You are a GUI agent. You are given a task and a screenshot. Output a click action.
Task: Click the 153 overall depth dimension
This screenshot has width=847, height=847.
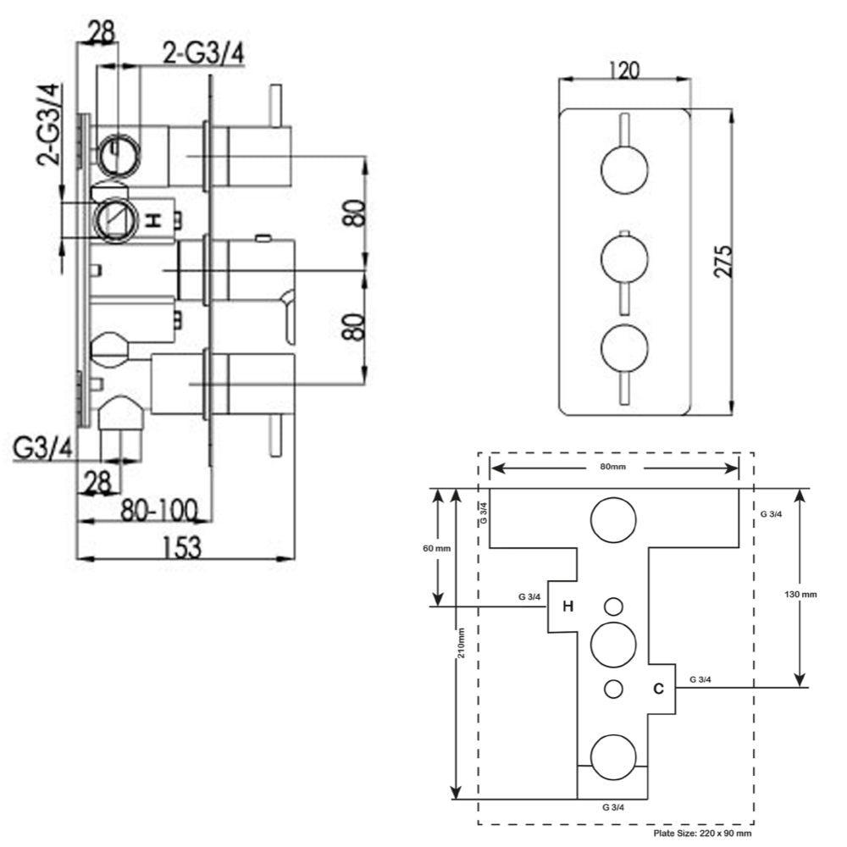[181, 547]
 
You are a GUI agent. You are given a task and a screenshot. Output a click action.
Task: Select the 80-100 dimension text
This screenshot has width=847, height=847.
[160, 509]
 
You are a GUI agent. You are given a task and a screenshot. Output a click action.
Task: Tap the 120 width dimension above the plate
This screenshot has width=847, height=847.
[624, 69]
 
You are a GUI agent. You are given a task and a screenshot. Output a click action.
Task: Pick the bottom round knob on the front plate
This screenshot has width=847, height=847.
[624, 348]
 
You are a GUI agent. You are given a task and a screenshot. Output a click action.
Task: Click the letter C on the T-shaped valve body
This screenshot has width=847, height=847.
[658, 689]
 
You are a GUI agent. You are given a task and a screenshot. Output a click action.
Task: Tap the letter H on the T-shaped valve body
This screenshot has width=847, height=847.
[568, 606]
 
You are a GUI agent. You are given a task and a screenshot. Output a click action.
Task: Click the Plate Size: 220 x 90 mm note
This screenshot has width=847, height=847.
[702, 834]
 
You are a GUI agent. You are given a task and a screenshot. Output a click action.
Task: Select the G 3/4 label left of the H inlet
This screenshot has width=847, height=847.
[530, 596]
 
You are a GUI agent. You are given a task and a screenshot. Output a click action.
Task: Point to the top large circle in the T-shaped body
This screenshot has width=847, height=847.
[614, 519]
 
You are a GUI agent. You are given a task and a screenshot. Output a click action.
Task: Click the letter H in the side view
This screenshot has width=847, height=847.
[153, 220]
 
